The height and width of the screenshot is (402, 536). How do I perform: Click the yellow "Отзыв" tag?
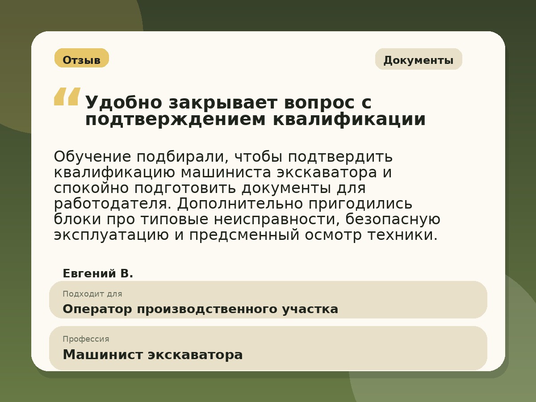[x=81, y=59]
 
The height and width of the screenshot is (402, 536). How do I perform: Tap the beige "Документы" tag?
[x=418, y=60]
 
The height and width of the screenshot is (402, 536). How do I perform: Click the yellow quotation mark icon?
[x=67, y=96]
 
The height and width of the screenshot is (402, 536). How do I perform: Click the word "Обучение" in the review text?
[x=92, y=157]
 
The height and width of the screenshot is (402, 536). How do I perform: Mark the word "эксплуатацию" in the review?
[x=111, y=235]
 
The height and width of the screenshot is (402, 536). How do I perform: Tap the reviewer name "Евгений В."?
[x=98, y=273]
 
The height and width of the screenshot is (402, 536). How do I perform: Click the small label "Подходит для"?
[x=92, y=294]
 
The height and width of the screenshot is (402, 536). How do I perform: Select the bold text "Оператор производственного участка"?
[x=200, y=309]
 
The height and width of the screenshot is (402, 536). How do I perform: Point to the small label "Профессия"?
[x=86, y=339]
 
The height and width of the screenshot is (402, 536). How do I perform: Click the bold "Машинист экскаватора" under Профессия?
[x=152, y=355]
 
